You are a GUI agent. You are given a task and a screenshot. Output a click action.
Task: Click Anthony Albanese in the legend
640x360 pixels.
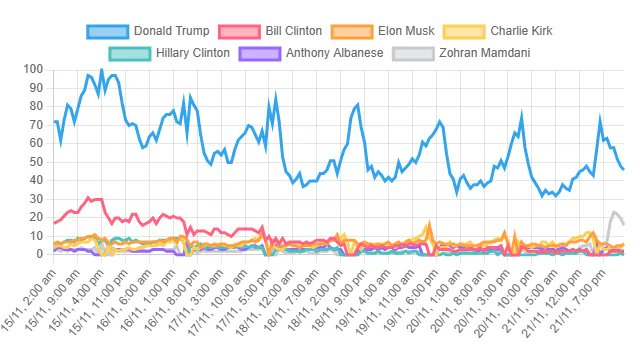click(334, 52)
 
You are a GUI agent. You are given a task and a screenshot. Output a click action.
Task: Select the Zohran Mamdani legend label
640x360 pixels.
click(484, 52)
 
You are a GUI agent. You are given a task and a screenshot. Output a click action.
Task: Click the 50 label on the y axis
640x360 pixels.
click(36, 162)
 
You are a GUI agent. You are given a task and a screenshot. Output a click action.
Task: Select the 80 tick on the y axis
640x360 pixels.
click(36, 106)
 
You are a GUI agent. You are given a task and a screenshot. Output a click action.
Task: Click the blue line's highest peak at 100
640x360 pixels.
click(101, 70)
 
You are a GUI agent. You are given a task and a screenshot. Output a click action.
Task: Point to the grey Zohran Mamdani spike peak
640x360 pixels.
click(614, 212)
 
